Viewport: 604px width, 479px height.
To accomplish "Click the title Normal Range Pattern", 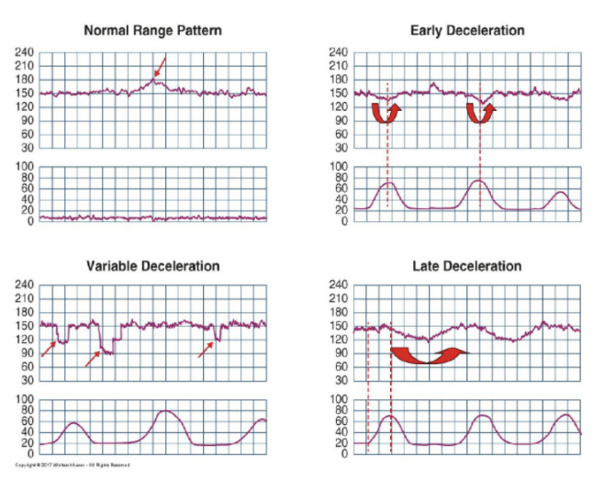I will [x=152, y=30].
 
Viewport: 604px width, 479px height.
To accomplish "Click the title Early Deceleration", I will [x=467, y=30].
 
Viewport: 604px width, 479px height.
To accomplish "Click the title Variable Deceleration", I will [x=152, y=266].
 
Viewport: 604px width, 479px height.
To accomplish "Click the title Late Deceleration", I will [x=467, y=266].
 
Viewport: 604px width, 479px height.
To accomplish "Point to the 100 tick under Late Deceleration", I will [x=337, y=400].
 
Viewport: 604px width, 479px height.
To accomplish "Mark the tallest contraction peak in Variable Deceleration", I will [x=166, y=411].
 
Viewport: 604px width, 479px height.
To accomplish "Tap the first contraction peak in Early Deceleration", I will [x=389, y=183].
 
